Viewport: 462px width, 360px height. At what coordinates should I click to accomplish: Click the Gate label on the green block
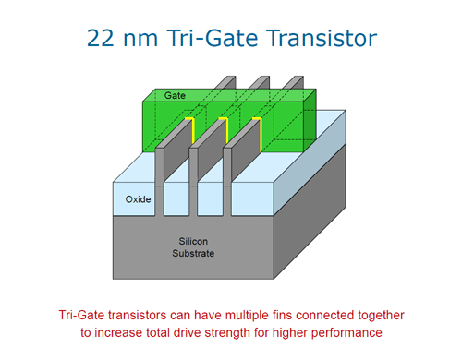point(175,96)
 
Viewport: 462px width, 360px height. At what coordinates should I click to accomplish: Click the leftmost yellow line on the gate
point(191,131)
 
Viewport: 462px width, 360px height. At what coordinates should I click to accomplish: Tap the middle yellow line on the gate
point(226,131)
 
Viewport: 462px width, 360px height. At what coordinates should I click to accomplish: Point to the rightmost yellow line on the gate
point(261,131)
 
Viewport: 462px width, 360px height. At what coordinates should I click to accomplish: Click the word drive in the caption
point(194,331)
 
